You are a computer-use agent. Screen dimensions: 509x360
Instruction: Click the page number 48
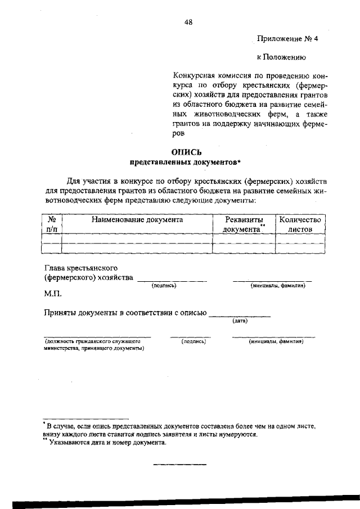click(x=188, y=22)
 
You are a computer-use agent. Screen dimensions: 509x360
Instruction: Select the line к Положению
click(x=281, y=57)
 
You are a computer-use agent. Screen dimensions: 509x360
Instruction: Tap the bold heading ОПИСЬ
click(x=186, y=152)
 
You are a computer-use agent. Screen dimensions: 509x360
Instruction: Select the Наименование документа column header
click(x=137, y=220)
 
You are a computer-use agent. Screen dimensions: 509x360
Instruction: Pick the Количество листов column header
click(x=299, y=224)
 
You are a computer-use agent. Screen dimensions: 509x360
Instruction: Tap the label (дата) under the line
click(x=240, y=321)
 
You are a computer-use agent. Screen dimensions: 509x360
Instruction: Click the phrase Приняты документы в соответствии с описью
click(x=125, y=313)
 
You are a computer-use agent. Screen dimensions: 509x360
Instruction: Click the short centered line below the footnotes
click(x=180, y=464)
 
